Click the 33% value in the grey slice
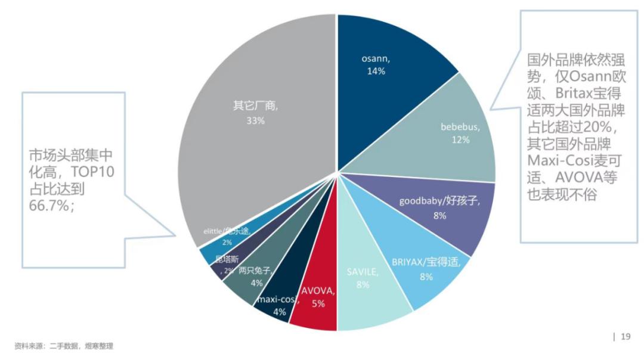click(x=255, y=120)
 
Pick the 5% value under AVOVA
click(x=318, y=303)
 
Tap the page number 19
click(x=626, y=337)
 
